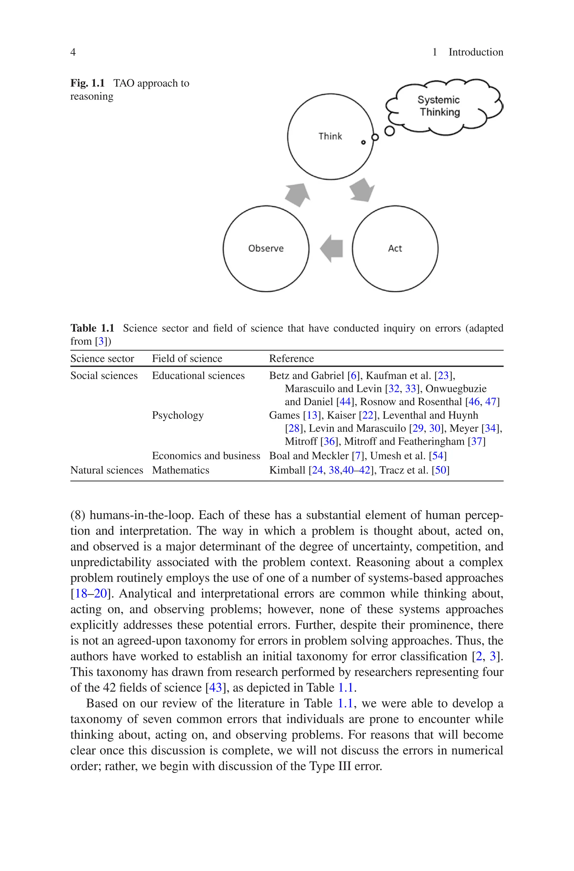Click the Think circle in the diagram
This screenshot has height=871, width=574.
click(330, 136)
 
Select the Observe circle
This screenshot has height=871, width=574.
click(266, 248)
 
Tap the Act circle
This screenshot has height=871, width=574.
click(395, 248)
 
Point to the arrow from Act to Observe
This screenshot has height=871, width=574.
click(332, 248)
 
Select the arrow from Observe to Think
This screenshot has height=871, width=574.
click(298, 194)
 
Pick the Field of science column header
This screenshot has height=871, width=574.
click(187, 358)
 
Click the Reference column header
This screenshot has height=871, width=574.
click(291, 358)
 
